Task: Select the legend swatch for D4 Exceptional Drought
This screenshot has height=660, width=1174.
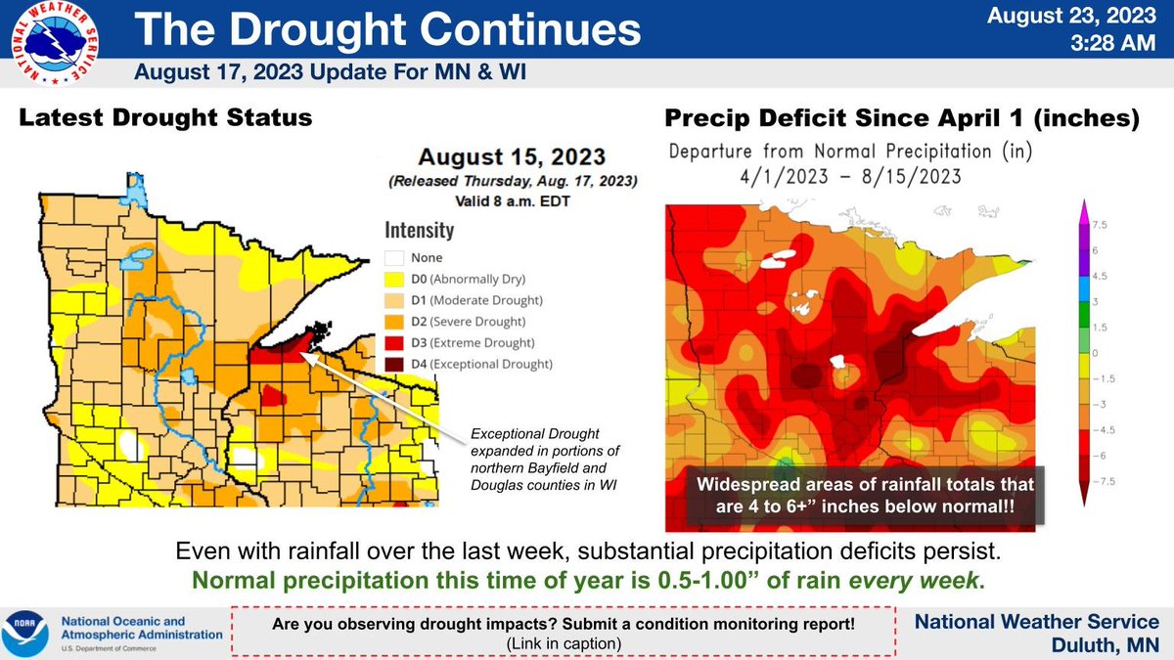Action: pos(393,364)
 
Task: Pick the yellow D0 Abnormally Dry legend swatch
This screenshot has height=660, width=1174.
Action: pos(393,279)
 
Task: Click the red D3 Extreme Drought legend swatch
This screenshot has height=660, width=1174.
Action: pos(393,342)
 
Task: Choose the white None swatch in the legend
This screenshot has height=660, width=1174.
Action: pos(393,257)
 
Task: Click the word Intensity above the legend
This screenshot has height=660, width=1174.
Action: pos(418,231)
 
